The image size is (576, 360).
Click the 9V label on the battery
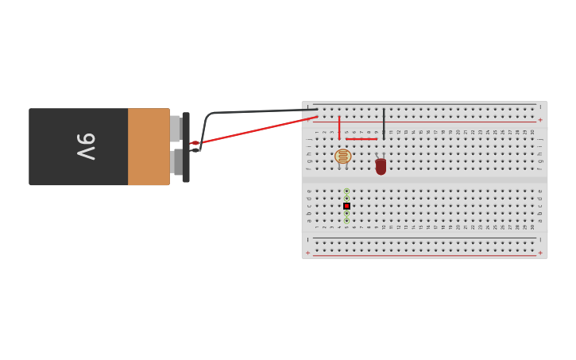[x=86, y=147]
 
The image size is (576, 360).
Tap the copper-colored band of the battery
[x=149, y=147]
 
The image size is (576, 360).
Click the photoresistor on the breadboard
[x=342, y=157]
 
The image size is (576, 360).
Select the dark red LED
[x=381, y=166]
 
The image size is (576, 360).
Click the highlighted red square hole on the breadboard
[x=346, y=206]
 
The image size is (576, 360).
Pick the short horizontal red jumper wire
[x=361, y=139]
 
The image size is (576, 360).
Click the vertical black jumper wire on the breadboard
[x=384, y=123]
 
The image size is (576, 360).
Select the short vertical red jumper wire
[x=339, y=127]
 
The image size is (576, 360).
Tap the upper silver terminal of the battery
[x=176, y=128]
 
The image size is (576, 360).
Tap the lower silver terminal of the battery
[x=176, y=162]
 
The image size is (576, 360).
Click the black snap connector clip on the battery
[x=186, y=147]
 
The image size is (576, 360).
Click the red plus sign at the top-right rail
[x=540, y=120]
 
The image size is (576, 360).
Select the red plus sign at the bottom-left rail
[x=308, y=253]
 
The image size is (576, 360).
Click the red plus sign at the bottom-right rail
[x=540, y=253]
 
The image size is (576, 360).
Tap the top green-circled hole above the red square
[x=346, y=191]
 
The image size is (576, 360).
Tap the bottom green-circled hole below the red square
[x=346, y=221]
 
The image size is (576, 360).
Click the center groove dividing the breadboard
[x=424, y=180]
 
